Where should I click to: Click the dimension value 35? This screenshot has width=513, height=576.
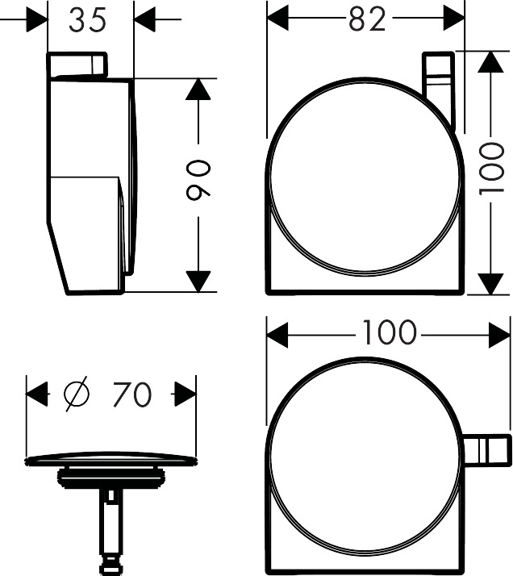87,21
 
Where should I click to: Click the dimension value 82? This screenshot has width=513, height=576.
366,19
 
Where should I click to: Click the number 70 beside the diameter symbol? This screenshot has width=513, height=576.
131,394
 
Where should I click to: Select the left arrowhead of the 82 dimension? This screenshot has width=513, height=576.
277,19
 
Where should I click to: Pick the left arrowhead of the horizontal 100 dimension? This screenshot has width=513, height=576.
277,332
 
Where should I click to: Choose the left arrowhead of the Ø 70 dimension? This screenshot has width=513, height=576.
36,394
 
